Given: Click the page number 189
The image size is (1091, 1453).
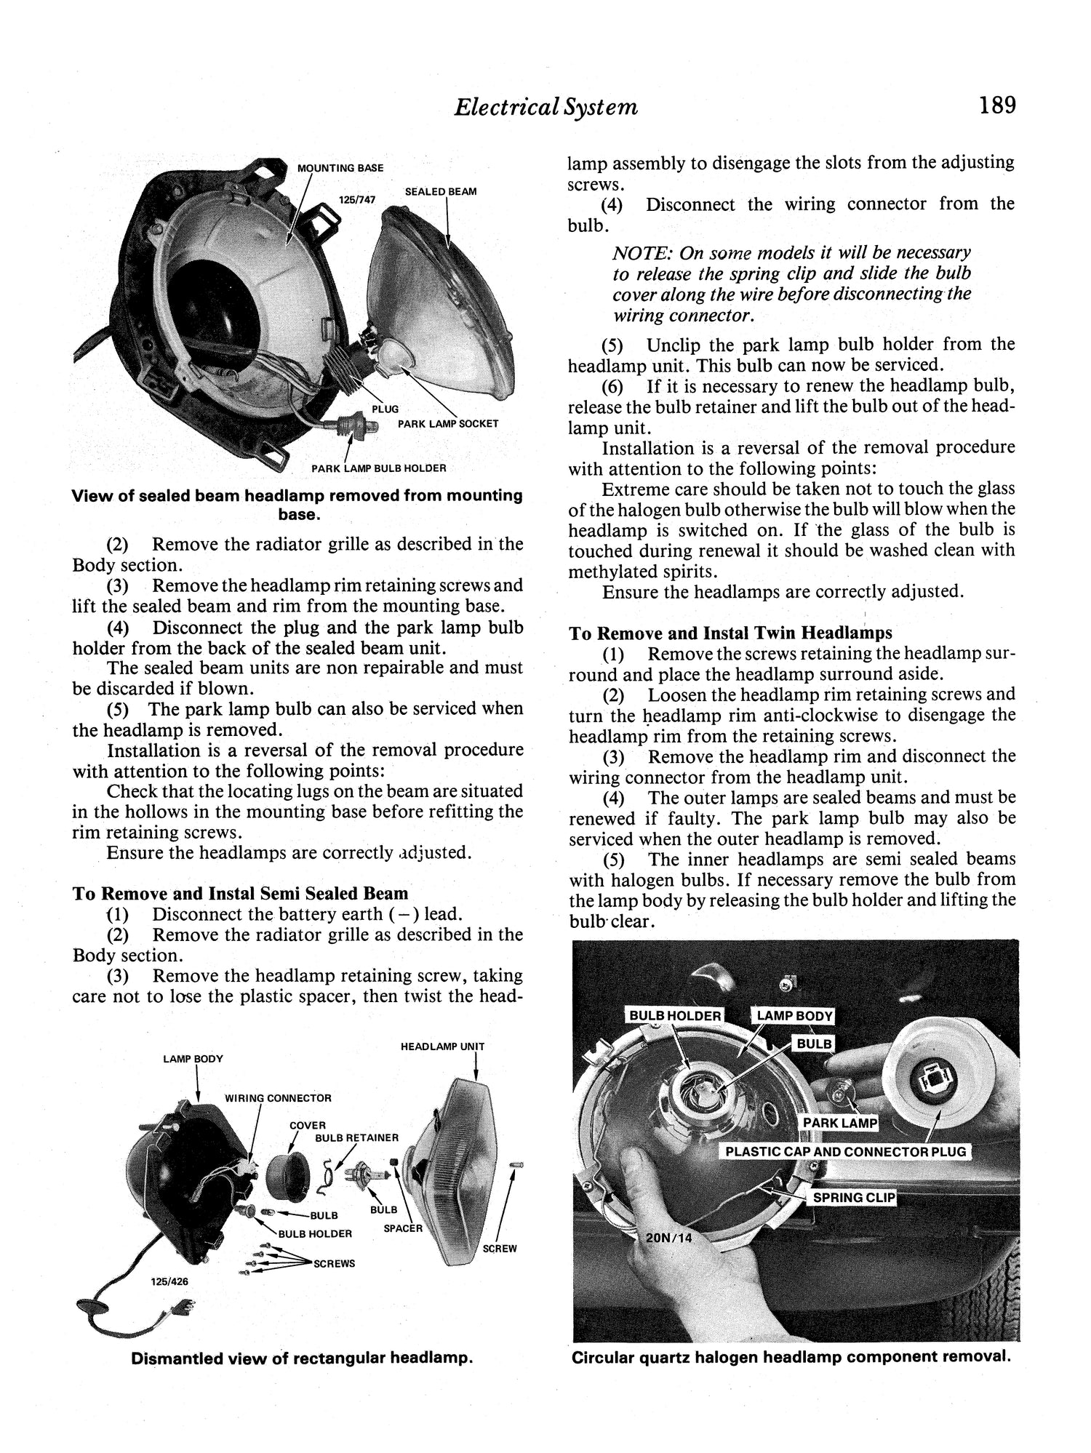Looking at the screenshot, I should click(996, 105).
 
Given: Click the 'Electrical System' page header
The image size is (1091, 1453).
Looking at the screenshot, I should click(545, 108).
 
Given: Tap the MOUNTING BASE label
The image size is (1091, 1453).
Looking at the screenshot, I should click(340, 168).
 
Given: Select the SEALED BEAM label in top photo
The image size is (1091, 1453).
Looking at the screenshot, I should click(441, 191).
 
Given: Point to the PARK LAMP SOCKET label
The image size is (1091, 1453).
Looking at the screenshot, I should click(448, 423).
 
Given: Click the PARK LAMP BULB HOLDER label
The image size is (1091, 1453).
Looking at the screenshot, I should click(378, 468).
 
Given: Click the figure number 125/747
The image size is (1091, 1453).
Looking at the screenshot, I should click(357, 199).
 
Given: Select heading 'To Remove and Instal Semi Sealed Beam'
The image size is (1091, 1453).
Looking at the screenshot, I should click(240, 893).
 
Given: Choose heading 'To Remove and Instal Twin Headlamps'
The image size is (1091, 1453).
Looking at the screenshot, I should click(730, 633).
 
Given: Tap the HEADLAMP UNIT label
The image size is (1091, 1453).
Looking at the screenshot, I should click(442, 1046).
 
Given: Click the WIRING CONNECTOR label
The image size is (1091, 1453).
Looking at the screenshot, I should click(278, 1098).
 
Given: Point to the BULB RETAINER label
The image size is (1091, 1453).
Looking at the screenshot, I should click(356, 1137).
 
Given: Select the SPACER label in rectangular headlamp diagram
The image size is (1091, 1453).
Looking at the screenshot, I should click(403, 1228).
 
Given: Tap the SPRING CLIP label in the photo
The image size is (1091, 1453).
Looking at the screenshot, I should click(852, 1198).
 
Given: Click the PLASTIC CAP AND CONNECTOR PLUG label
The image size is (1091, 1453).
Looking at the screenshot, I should click(845, 1152).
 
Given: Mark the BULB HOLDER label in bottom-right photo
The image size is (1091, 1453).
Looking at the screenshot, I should click(675, 1016).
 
